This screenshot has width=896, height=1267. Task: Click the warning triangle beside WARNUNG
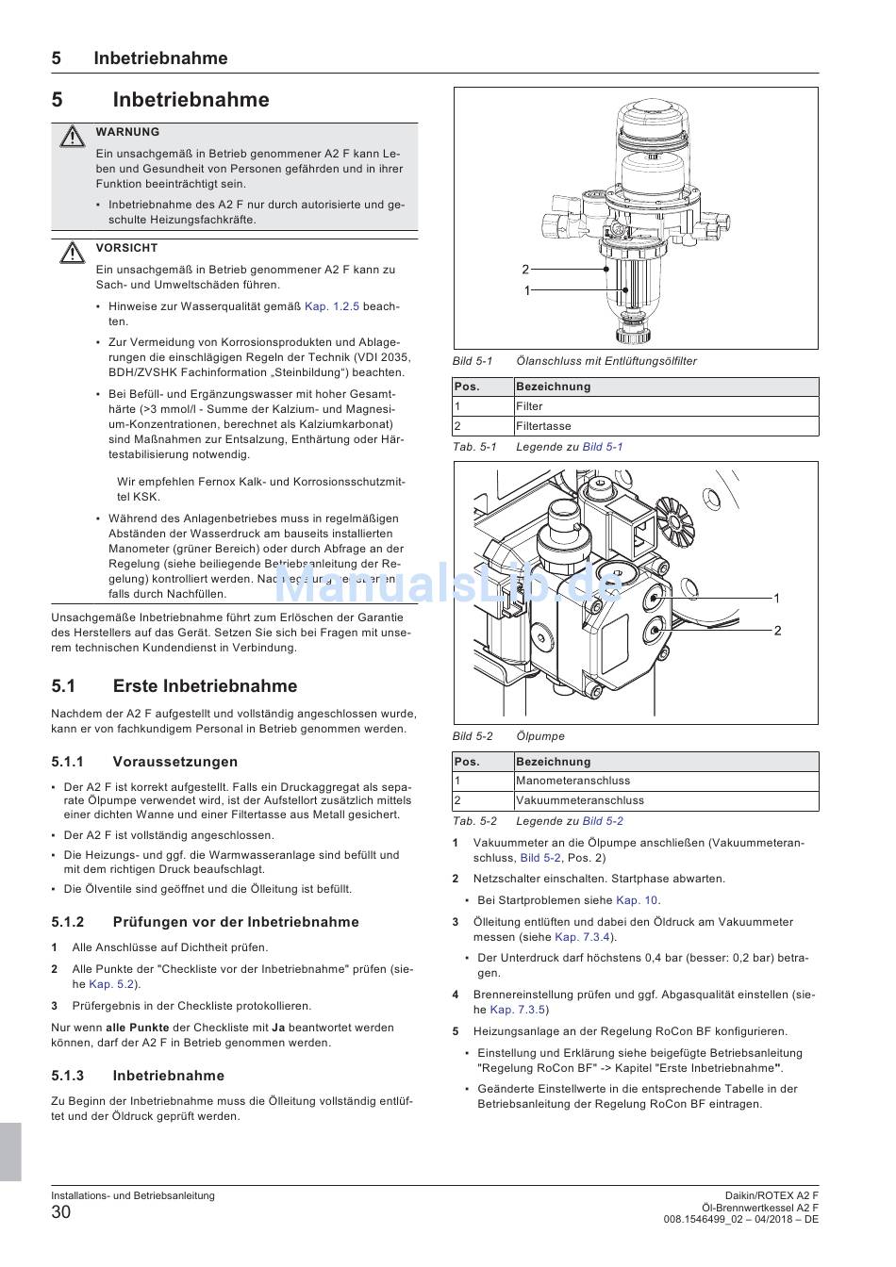pos(71,137)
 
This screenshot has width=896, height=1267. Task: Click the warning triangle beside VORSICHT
pos(71,253)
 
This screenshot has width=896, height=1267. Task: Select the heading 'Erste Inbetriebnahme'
pos(205,686)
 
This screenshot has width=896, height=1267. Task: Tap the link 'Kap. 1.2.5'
pos(332,306)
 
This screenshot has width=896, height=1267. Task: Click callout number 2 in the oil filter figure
pos(525,270)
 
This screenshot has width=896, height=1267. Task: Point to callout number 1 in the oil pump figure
pos(776,599)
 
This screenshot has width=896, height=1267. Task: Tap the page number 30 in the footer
pos(61,1212)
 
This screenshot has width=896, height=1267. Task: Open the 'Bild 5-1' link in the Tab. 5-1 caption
pos(603,447)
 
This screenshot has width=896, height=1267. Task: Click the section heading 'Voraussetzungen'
pos(174,762)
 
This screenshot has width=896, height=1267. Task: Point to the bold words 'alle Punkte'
pos(137,1028)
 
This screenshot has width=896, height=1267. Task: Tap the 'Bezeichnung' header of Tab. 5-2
pos(553,762)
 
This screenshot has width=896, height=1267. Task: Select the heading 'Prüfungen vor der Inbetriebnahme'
pos(236,922)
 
